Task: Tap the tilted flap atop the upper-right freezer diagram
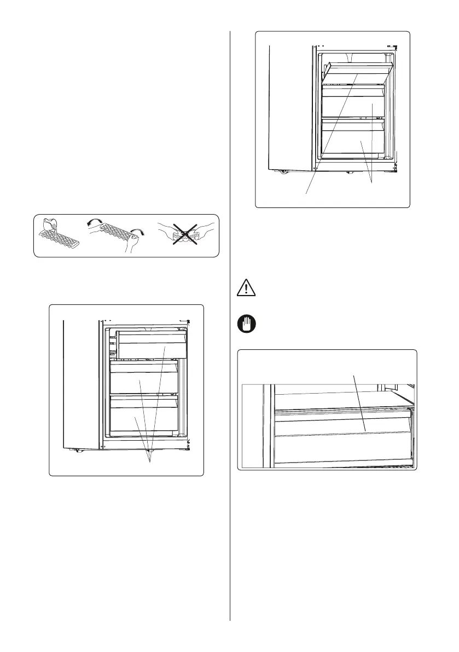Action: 358,69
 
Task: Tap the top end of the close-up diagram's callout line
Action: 355,376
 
